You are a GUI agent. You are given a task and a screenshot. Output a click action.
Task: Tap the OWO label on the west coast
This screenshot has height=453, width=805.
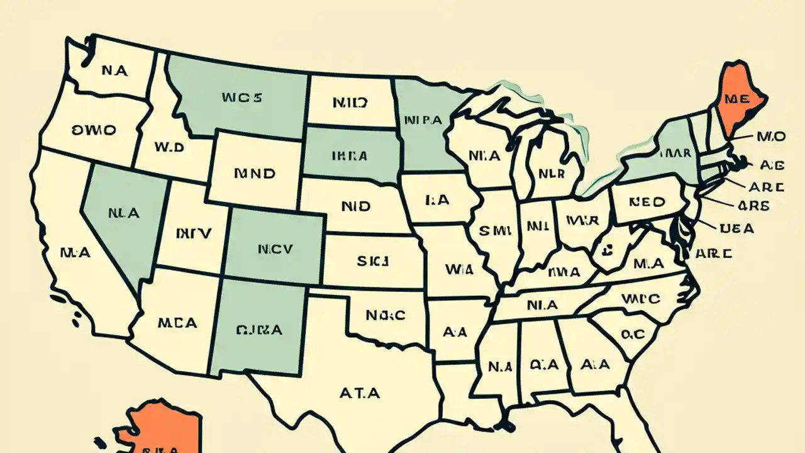(94, 130)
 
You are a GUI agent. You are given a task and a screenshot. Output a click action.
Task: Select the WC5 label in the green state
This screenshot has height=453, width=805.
(241, 98)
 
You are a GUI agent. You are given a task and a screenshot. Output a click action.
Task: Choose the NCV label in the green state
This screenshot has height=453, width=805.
(275, 249)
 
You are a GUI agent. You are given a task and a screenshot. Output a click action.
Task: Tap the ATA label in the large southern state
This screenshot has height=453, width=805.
(360, 393)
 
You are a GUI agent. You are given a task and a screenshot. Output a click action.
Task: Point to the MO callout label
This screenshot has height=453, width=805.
(771, 136)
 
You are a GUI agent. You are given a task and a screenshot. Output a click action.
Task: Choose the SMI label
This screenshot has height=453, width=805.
(493, 231)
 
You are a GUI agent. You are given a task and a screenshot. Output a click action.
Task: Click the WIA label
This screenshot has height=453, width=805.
(458, 269)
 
